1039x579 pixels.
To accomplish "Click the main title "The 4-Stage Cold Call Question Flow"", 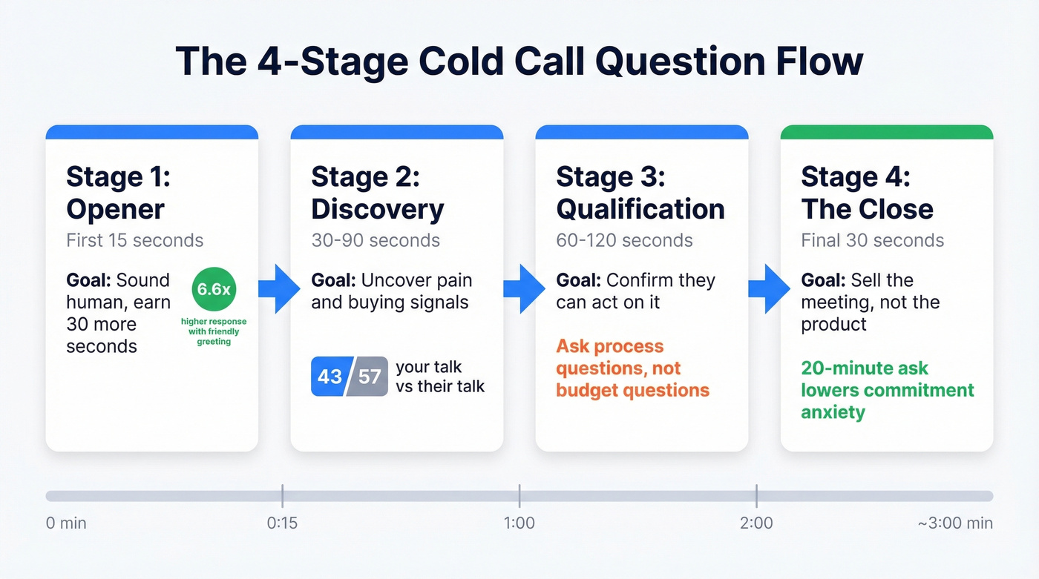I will point(519,62).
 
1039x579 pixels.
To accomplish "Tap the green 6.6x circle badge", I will point(214,290).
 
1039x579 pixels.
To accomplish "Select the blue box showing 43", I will point(330,377).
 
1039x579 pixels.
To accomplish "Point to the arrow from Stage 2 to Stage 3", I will point(522,288).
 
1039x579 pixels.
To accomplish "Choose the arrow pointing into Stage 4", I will point(767,288).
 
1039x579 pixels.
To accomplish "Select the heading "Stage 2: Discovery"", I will point(377,193).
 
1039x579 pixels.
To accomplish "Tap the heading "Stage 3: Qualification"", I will point(640,193).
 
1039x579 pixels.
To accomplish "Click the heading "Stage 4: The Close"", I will point(867,193).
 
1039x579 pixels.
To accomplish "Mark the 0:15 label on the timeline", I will point(282,523).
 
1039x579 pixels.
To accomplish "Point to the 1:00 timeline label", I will point(519,523).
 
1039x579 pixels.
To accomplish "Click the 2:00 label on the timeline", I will point(756,523).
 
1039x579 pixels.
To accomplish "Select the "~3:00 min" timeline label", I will point(954,523).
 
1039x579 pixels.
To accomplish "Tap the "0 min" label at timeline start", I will point(66,523).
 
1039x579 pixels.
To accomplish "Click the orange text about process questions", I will point(632,368).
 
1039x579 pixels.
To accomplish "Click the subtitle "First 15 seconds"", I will point(134,241).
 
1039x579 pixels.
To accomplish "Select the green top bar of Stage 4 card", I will point(886,133).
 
